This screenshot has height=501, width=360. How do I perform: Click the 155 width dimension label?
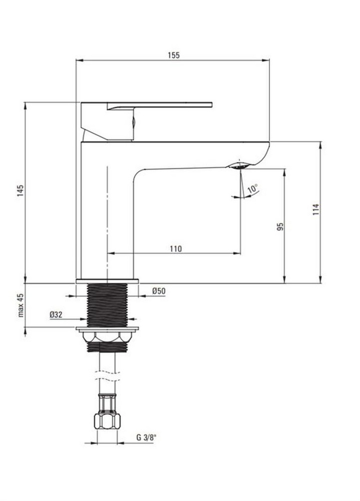click(x=174, y=55)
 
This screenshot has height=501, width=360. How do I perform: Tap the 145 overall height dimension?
click(x=21, y=190)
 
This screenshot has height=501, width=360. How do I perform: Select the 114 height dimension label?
click(x=316, y=209)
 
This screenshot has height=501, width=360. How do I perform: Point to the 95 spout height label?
click(x=280, y=227)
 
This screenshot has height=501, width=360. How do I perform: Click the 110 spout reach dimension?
click(x=176, y=248)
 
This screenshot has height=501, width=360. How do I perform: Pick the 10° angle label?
click(x=252, y=188)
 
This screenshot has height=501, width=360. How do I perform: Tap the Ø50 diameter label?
click(x=159, y=291)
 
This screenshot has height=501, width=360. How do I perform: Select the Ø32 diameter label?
click(x=56, y=315)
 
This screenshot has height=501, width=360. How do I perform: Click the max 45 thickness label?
click(x=21, y=305)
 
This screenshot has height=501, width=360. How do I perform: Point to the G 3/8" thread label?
click(x=146, y=437)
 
